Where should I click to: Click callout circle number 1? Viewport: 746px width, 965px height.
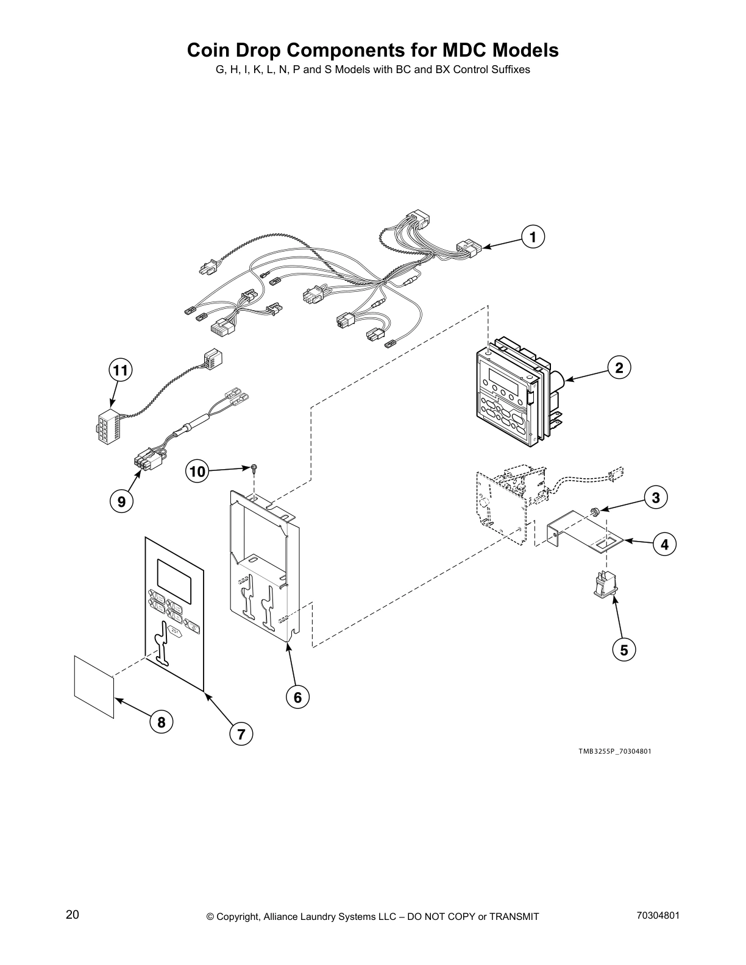tap(533, 236)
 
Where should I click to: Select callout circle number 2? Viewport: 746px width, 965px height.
tap(619, 367)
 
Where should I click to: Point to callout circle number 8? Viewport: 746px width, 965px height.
tap(162, 723)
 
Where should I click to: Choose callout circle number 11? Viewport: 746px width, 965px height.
tap(121, 370)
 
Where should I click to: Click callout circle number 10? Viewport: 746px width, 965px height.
tap(197, 471)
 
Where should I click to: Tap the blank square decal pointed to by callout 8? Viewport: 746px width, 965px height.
tap(94, 686)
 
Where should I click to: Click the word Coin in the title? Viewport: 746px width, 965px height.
tap(210, 50)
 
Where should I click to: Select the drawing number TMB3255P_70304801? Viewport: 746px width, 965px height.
tap(615, 751)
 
